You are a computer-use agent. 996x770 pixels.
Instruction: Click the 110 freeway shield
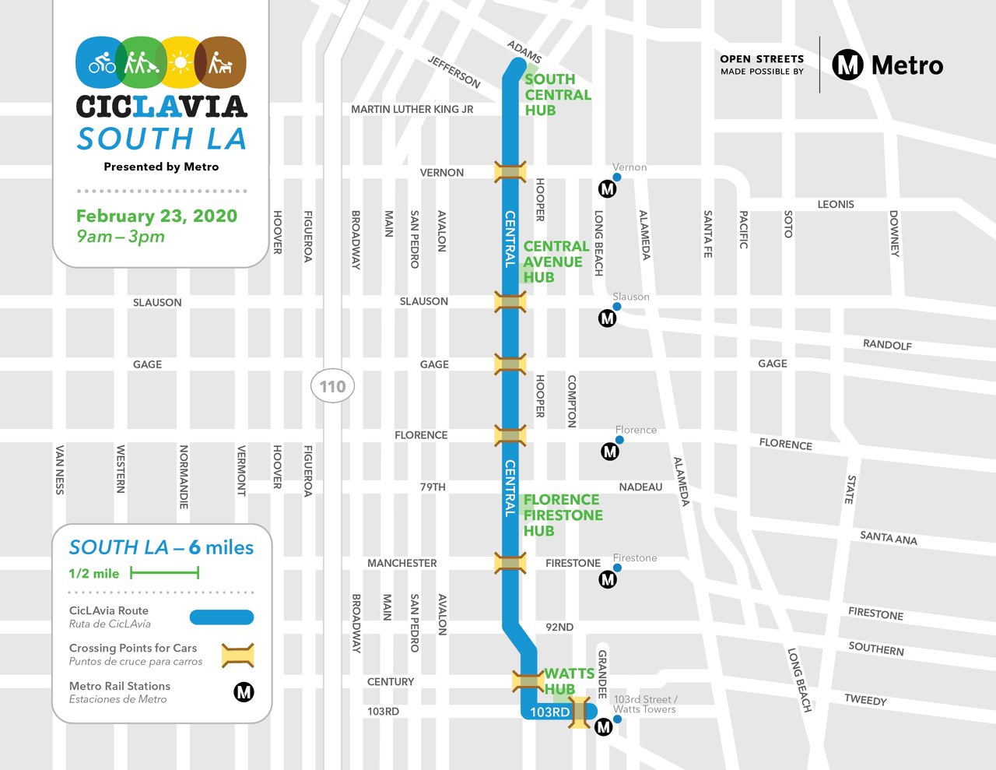tap(332, 386)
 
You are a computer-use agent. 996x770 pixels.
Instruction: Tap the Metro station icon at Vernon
tap(607, 188)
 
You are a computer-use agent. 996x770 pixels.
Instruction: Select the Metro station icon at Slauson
tap(607, 318)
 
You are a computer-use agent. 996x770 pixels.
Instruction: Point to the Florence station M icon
tap(610, 451)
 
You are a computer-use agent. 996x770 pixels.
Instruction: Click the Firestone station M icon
tap(608, 579)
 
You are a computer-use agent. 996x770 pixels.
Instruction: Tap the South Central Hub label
tap(557, 95)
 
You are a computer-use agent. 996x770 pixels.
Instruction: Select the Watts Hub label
tap(568, 681)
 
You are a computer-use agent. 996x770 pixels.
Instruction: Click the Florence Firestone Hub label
tap(563, 515)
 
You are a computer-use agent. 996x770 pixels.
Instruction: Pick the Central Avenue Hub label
tap(555, 262)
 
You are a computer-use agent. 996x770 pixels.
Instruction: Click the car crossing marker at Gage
tap(510, 364)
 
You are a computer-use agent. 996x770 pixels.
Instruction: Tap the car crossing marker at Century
tap(528, 681)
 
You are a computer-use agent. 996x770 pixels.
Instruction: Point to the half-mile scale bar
tap(165, 573)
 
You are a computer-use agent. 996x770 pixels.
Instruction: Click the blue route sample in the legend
tap(222, 617)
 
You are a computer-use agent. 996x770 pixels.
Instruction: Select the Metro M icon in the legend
tap(244, 692)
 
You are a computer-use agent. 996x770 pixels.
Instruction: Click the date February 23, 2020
tap(156, 216)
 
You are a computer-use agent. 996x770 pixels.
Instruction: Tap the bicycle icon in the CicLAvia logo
tap(102, 62)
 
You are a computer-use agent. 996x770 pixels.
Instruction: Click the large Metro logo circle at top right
tap(848, 65)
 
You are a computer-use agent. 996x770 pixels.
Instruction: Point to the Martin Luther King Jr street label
tap(412, 109)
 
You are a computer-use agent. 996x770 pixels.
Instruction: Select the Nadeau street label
tap(640, 487)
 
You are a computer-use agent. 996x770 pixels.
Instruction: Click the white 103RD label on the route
tap(549, 712)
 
